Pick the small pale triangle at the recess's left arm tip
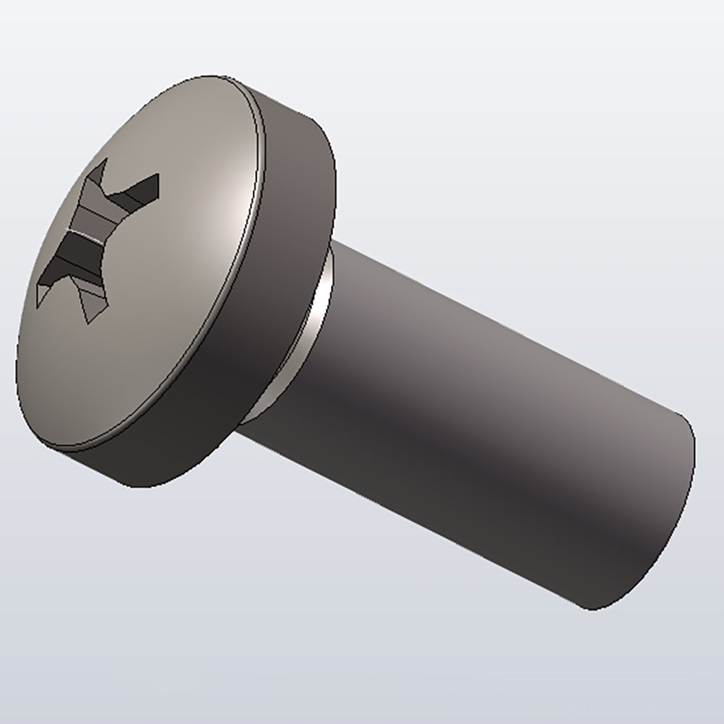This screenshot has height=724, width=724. click(41, 293)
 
